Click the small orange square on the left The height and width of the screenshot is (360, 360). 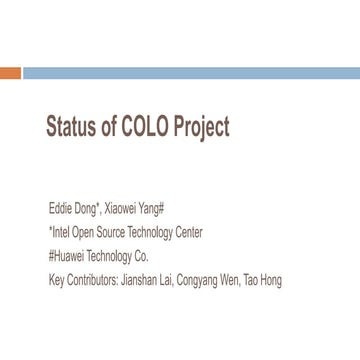(x=10, y=73)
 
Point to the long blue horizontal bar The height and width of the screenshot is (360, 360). (x=191, y=73)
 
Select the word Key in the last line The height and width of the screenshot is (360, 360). (x=56, y=280)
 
